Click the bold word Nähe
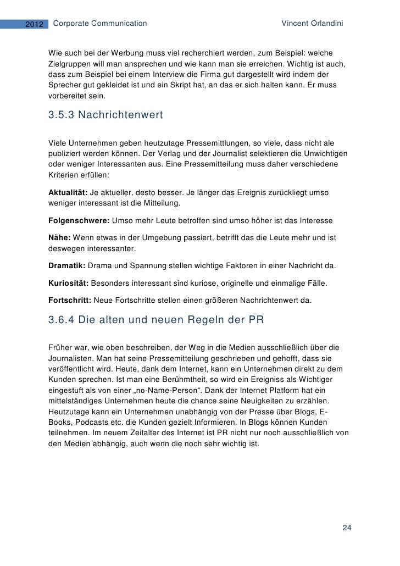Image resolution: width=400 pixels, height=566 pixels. [x=58, y=237]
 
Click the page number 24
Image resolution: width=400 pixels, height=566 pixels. [x=347, y=528]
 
